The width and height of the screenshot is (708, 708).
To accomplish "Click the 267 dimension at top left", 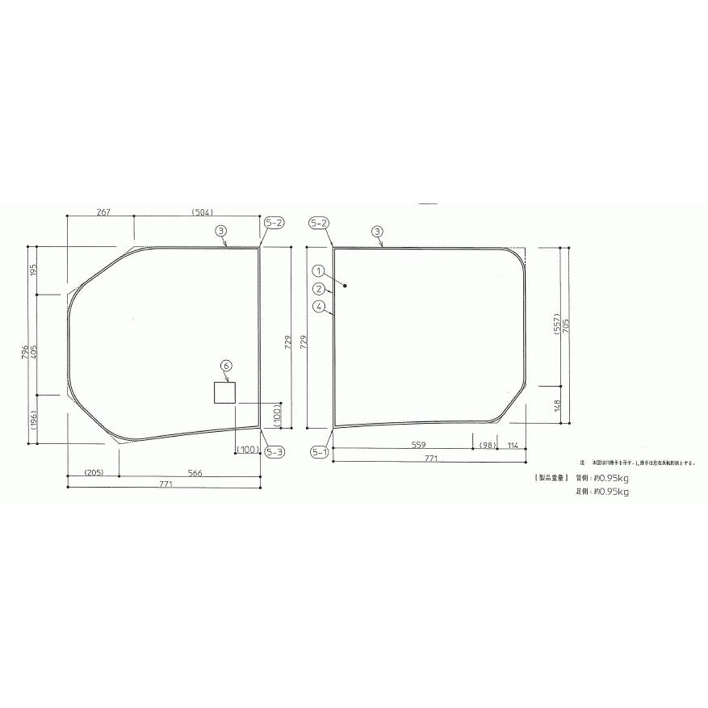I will pyautogui.click(x=103, y=212).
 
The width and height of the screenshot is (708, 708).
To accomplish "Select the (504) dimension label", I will pyautogui.click(x=202, y=212).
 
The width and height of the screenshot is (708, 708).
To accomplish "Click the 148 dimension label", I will pyautogui.click(x=557, y=404).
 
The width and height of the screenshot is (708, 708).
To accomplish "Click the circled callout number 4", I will pyautogui.click(x=320, y=306).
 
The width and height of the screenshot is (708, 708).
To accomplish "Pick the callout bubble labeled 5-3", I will pyautogui.click(x=274, y=452).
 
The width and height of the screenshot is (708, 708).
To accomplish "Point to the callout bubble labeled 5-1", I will pyautogui.click(x=319, y=452).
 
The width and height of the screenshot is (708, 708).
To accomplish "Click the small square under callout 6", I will pyautogui.click(x=224, y=392).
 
